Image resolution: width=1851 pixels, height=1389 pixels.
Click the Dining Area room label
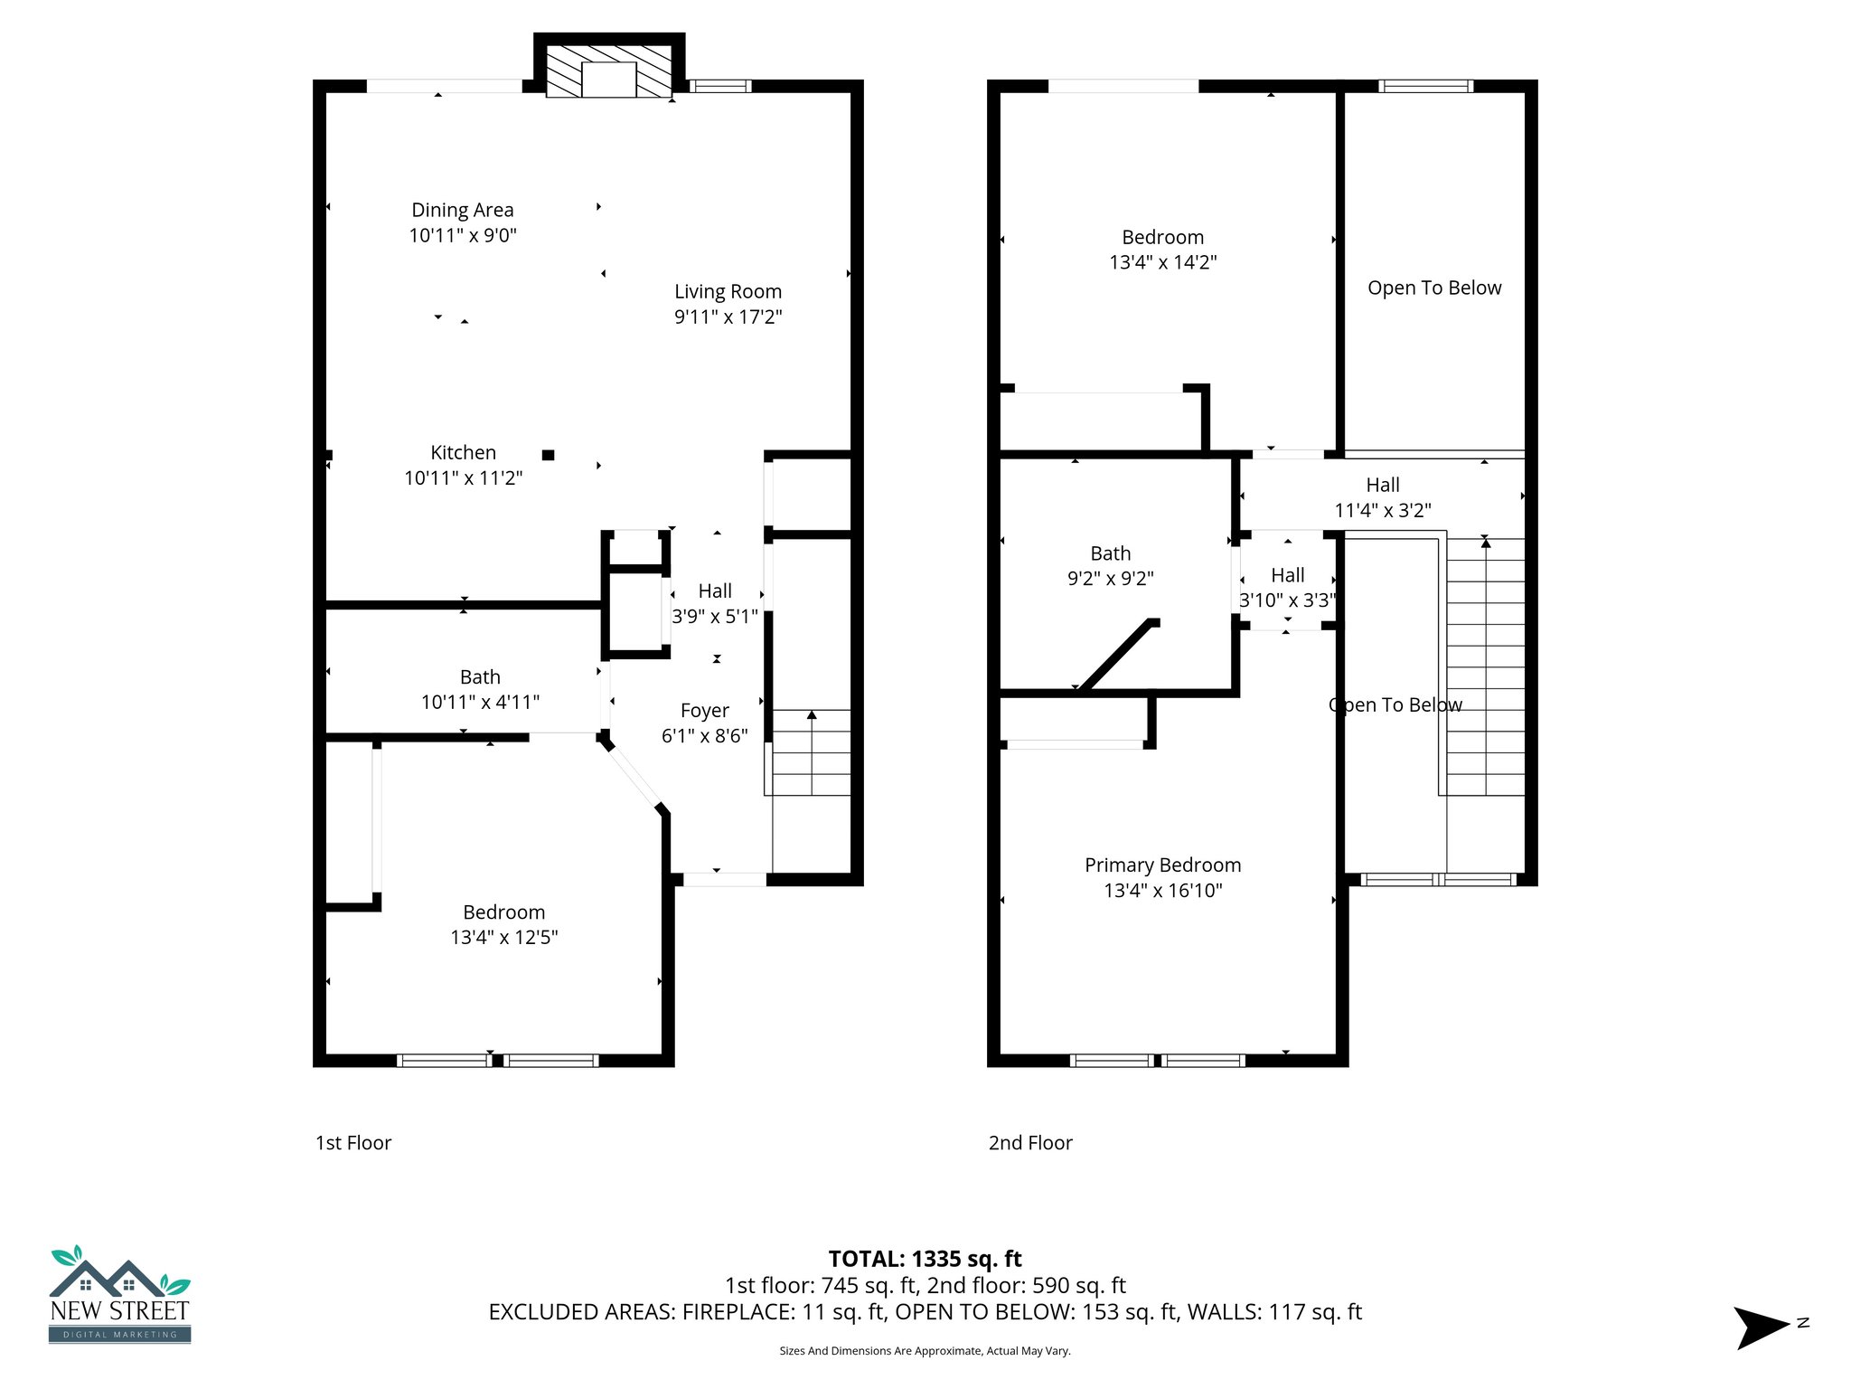(462, 210)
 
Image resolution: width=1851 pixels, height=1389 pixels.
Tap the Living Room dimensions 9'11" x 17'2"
(728, 317)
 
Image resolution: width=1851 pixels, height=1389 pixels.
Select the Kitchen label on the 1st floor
(463, 452)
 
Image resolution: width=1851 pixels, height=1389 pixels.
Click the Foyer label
(704, 711)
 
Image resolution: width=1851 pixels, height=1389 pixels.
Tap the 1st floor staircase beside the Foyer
(811, 752)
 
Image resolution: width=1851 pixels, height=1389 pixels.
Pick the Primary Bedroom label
(1162, 865)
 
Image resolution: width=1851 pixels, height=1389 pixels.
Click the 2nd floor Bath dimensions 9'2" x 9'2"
(1110, 579)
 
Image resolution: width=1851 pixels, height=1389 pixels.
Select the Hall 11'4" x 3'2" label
(1382, 497)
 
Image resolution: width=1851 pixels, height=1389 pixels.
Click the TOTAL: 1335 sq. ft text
(925, 1259)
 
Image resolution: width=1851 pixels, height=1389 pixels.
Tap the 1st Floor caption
(352, 1143)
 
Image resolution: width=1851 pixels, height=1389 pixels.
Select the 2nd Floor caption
(1029, 1143)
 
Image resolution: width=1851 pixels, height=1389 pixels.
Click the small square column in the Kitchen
(548, 455)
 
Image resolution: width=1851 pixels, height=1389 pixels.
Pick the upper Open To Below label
(1433, 288)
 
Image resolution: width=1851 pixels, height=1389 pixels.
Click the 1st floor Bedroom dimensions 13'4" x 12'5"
(503, 938)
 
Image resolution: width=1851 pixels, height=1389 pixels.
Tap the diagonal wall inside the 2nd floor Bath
(1119, 657)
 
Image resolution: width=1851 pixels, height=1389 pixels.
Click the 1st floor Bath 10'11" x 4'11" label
(479, 689)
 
